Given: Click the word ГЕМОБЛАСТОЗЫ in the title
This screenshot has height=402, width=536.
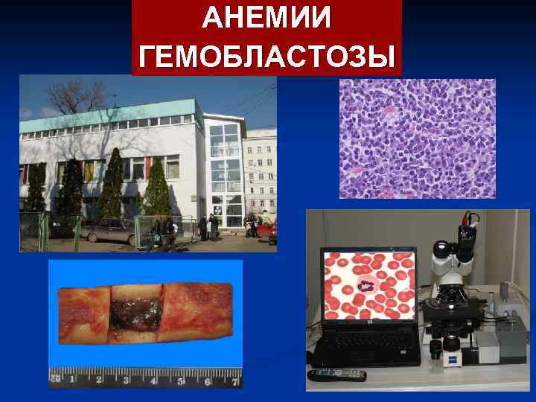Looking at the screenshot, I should tap(267, 55).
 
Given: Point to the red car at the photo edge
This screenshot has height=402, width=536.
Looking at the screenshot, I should tap(272, 234).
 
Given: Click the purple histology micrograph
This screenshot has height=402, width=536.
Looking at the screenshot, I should tap(417, 138).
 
